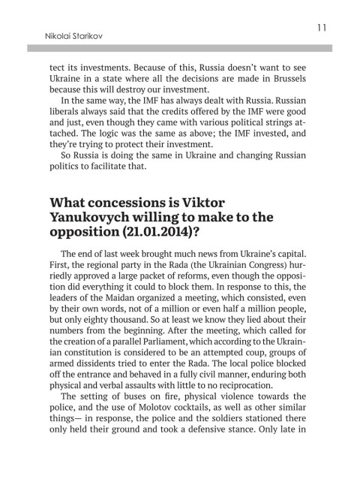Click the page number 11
(x=320, y=28)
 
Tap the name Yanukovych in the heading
(x=94, y=221)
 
